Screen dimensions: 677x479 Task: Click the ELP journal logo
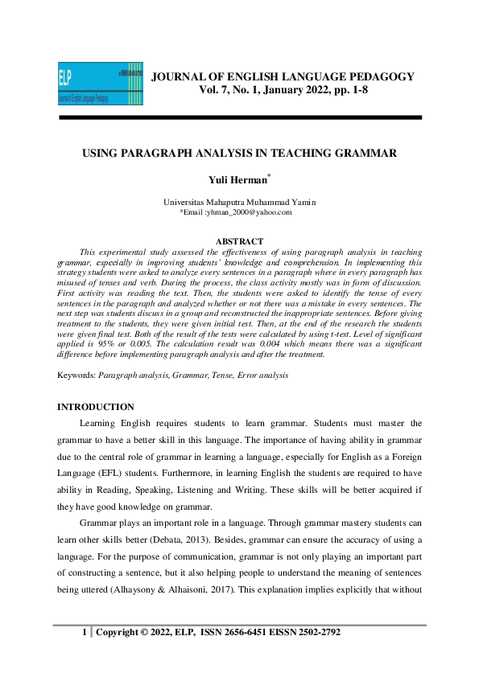[101, 84]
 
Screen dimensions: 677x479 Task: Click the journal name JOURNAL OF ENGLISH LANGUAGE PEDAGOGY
[283, 77]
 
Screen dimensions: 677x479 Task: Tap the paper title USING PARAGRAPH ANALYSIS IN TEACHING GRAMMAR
[239, 154]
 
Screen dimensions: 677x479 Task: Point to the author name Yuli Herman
[238, 183]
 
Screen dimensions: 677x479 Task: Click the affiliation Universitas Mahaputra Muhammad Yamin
[239, 202]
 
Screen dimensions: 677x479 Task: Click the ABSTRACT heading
[239, 241]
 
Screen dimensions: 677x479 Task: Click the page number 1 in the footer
[84, 633]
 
